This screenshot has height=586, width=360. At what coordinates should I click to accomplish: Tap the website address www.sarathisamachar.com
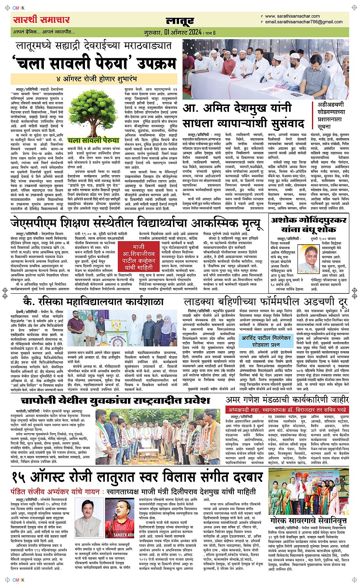tap(292, 16)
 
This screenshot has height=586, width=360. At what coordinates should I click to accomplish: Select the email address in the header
tap(304, 22)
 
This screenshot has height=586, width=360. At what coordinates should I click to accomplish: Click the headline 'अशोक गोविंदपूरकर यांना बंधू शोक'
tap(308, 224)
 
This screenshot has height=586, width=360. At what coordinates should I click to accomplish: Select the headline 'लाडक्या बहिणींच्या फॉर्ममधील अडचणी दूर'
tap(266, 302)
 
